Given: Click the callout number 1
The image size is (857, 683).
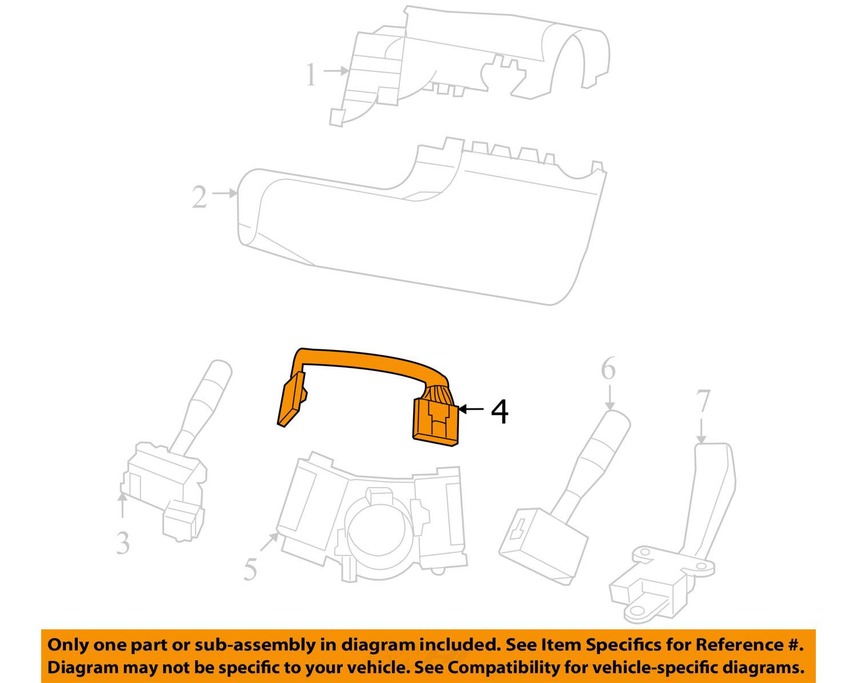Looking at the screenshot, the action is tap(311, 75).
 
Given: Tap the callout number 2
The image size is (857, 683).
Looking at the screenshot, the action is tap(199, 196).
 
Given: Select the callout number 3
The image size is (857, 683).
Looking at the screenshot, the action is tap(123, 543).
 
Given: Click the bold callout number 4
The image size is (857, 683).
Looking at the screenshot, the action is tap(499, 412).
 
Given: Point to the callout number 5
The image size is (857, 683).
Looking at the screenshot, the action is tap(250, 569).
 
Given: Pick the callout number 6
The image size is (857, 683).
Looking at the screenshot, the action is tap(608, 368).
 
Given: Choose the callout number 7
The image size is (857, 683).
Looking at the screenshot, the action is tap(703, 401).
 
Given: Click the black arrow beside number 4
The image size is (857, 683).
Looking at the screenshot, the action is tap(471, 409).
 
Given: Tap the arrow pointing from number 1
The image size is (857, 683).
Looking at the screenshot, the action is tap(336, 71).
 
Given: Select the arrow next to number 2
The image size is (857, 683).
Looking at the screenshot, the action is tap(225, 194).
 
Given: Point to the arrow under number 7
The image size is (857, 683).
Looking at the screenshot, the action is tap(701, 431).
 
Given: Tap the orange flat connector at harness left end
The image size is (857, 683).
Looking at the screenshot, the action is tap(291, 399).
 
